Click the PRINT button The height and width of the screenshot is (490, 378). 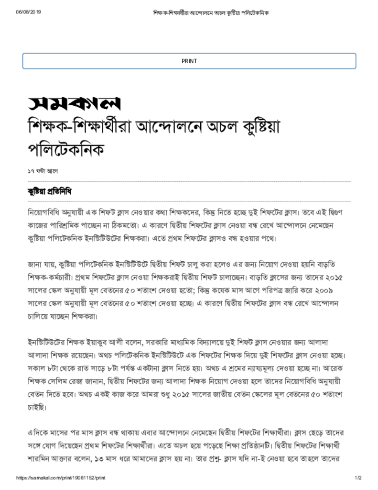(189, 61)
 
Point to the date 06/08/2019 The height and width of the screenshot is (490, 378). (29, 12)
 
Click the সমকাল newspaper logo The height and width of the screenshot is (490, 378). (74, 102)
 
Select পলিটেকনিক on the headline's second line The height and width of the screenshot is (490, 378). (66, 149)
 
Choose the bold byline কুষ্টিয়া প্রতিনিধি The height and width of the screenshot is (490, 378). (49, 191)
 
